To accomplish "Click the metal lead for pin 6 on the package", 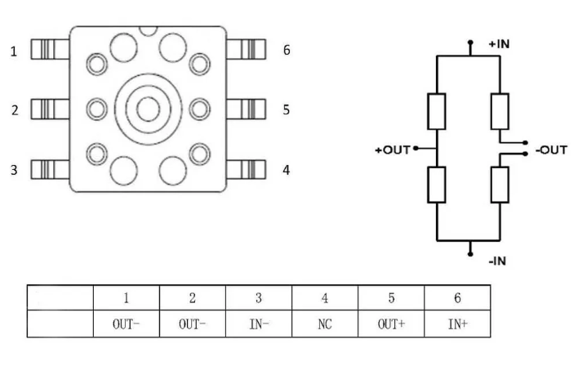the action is pyautogui.click(x=246, y=49).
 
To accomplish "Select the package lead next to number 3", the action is pyautogui.click(x=50, y=169).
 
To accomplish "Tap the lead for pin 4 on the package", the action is pyautogui.click(x=246, y=169).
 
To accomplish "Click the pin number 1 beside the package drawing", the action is pyautogui.click(x=14, y=51).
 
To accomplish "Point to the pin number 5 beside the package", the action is pyautogui.click(x=287, y=109).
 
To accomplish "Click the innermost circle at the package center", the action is pyautogui.click(x=149, y=109).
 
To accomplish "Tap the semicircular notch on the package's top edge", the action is pyautogui.click(x=148, y=31).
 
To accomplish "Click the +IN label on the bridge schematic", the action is pyautogui.click(x=500, y=44).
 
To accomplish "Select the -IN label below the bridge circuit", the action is pyautogui.click(x=497, y=261).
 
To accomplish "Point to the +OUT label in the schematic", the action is pyautogui.click(x=393, y=150).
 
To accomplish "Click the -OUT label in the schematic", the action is pyautogui.click(x=551, y=150).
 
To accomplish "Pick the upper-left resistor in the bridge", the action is pyautogui.click(x=437, y=111).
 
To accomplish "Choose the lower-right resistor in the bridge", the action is pyautogui.click(x=500, y=185).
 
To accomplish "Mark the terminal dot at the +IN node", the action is pyautogui.click(x=470, y=42).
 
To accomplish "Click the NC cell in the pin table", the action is pyautogui.click(x=325, y=324).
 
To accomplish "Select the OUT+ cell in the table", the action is pyautogui.click(x=391, y=324).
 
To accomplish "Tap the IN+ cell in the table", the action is pyautogui.click(x=457, y=324).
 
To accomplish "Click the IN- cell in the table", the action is pyautogui.click(x=259, y=324).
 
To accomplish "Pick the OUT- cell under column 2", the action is pyautogui.click(x=193, y=324).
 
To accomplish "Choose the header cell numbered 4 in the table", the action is pyautogui.click(x=325, y=298).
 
